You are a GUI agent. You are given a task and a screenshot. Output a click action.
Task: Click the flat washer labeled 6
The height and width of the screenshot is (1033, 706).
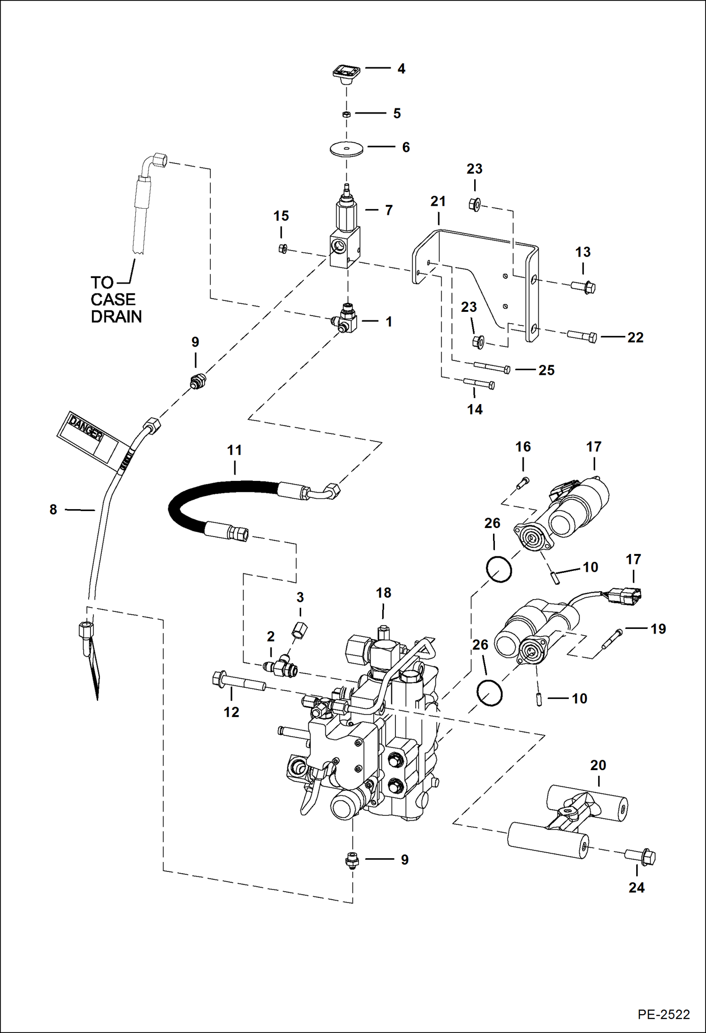346,148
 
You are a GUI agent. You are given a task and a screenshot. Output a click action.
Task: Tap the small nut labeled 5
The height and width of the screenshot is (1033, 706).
346,114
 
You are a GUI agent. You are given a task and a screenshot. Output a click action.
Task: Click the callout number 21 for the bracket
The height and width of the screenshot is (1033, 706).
438,202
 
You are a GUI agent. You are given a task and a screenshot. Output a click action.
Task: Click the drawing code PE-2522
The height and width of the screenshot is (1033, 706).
664,1014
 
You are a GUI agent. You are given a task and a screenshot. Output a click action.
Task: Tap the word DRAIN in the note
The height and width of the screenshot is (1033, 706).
116,317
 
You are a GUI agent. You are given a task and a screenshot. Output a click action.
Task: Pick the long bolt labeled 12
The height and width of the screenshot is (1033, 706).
238,683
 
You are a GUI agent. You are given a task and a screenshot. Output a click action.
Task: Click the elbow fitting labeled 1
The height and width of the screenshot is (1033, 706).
346,320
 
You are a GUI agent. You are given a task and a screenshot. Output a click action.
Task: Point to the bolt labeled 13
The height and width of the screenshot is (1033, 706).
583,286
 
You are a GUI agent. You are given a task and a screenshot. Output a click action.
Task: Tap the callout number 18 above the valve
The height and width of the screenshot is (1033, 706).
383,593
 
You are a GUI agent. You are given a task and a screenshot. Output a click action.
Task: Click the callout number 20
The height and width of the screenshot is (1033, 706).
598,765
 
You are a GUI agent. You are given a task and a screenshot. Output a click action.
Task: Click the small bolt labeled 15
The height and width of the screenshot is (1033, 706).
283,249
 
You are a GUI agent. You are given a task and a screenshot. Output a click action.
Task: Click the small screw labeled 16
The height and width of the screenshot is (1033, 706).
523,483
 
